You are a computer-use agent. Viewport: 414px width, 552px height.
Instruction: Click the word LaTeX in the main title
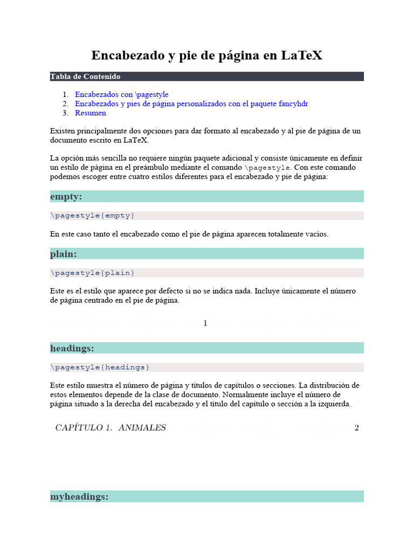(x=302, y=55)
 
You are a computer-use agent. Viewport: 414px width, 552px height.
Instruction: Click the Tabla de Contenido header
(x=85, y=77)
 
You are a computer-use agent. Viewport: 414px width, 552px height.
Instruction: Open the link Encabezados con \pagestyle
(x=121, y=94)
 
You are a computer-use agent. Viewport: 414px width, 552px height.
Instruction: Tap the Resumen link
(x=91, y=113)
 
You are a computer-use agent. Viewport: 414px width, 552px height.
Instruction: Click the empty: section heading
(x=66, y=196)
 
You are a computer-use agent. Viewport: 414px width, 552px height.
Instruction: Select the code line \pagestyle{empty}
(x=92, y=216)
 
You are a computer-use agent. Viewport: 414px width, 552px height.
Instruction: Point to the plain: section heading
(x=64, y=253)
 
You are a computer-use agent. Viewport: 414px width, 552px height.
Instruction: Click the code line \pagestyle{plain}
(x=92, y=273)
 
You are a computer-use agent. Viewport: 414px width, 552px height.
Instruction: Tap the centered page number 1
(x=205, y=323)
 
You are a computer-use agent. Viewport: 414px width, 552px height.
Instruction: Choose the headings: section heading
(x=72, y=348)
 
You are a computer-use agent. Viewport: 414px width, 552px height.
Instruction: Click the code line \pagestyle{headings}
(x=100, y=367)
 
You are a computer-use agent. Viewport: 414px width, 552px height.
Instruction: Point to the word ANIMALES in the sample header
(x=142, y=428)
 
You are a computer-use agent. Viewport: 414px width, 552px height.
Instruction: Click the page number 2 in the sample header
(x=356, y=428)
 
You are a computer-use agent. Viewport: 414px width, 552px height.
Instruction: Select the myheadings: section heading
(x=79, y=496)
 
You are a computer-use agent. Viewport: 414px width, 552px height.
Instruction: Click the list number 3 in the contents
(x=65, y=113)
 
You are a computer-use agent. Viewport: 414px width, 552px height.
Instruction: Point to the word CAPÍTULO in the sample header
(x=80, y=428)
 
